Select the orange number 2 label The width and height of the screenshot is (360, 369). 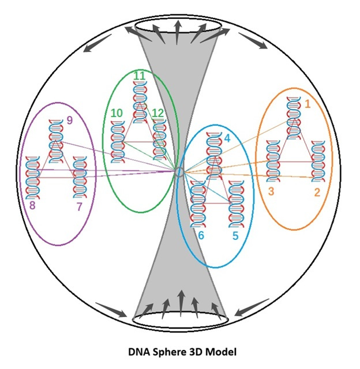point(317,192)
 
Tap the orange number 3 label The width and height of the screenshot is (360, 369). point(270,190)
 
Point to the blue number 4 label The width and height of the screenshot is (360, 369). point(227,138)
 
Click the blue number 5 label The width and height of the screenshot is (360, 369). point(235,235)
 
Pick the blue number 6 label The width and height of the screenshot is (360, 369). point(201,235)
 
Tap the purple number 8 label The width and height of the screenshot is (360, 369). point(32,206)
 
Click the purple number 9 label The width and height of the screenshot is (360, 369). point(69,120)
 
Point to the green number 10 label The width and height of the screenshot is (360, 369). point(117,114)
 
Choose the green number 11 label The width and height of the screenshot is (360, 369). point(139,76)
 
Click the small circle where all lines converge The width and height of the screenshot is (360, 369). point(179,172)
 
